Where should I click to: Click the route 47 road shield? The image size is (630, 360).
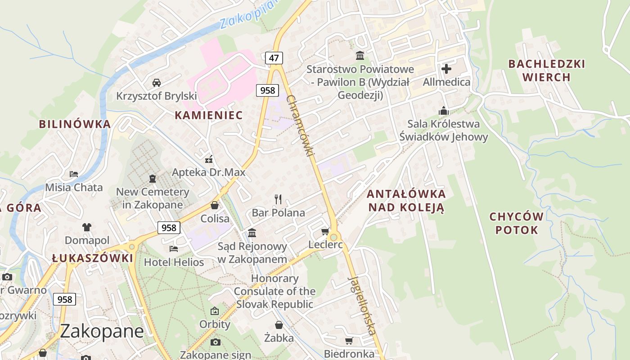click(274, 58)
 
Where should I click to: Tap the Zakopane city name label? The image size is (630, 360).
click(102, 331)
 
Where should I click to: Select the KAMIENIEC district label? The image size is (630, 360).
click(209, 115)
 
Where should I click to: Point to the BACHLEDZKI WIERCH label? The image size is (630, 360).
click(547, 71)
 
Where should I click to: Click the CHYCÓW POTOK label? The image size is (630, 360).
click(516, 223)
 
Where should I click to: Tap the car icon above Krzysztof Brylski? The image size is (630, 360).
click(157, 82)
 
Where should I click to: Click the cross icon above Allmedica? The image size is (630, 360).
click(446, 69)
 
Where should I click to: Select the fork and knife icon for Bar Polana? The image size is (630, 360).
click(278, 199)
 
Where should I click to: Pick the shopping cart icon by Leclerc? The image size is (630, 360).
click(325, 232)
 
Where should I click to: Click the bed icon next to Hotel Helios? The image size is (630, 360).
click(174, 248)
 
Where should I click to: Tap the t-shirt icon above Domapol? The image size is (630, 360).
click(87, 227)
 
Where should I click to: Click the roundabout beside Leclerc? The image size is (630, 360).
click(334, 237)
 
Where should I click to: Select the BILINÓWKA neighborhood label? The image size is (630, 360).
click(75, 124)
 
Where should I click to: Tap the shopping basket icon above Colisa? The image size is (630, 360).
click(215, 205)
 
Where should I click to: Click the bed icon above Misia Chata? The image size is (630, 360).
click(74, 174)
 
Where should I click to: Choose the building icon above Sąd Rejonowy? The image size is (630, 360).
click(252, 233)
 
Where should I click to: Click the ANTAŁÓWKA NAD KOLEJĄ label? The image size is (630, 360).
click(406, 201)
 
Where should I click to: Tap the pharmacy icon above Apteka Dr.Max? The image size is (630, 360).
click(209, 159)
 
